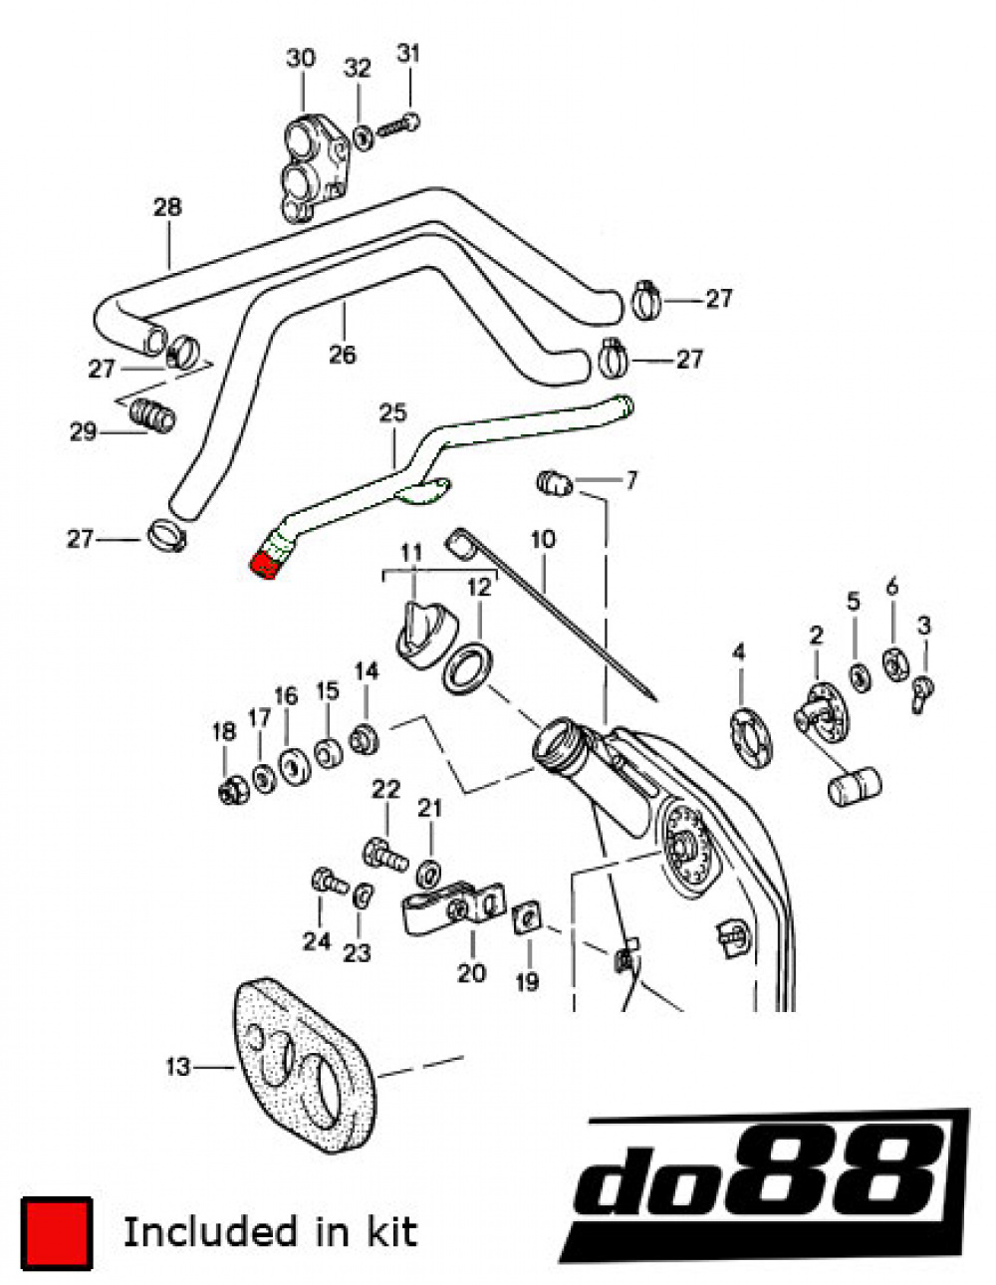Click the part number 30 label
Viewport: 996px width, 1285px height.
tap(301, 58)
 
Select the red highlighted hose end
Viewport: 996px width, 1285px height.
tap(265, 566)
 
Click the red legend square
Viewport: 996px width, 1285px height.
tap(57, 1233)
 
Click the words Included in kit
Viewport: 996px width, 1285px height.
tap(269, 1232)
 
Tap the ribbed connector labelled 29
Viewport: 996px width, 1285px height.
tap(154, 414)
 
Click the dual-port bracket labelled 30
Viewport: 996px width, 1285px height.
tap(313, 168)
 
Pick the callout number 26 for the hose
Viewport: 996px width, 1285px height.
tap(342, 354)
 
